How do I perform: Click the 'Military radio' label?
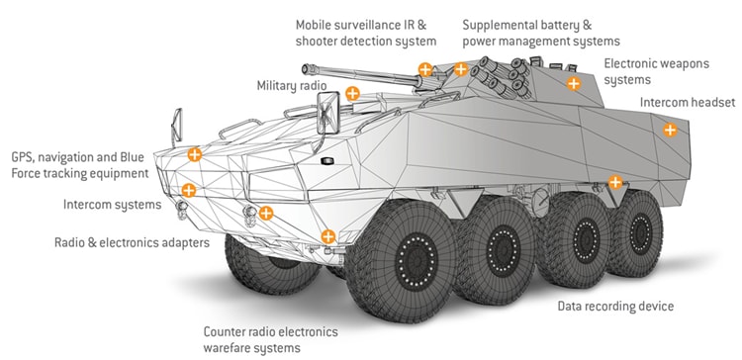292,86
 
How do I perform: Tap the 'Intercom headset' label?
688,102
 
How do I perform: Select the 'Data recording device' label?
615,306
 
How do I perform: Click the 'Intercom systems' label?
112,205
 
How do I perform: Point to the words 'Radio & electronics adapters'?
132,242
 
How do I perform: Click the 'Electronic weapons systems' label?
656,71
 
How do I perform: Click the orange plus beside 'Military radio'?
352,93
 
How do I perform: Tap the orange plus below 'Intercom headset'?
670,130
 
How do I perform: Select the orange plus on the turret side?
574,84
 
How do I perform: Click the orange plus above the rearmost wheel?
614,182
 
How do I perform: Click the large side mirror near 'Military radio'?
327,113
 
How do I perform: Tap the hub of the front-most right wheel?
417,261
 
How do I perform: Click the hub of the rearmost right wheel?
641,233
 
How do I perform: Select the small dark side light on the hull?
327,161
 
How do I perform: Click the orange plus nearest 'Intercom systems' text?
188,190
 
